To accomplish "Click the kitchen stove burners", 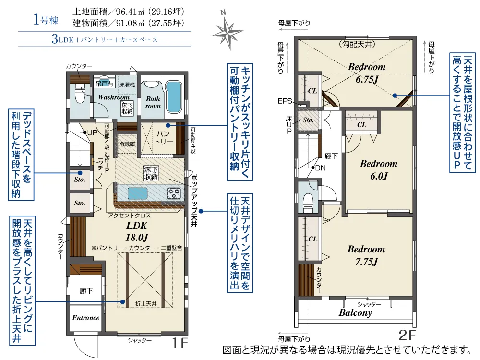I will (174, 193).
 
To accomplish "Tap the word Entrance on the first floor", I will (86, 318).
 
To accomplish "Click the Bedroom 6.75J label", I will (367, 72).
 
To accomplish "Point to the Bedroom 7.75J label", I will (366, 255).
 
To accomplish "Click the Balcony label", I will (355, 312).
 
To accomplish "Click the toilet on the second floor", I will (307, 200).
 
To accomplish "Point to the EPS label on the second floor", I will (285, 101).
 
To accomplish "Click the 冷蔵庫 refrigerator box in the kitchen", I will (127, 144).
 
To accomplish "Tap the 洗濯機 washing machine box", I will (127, 84).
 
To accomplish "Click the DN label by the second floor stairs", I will (320, 168).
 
